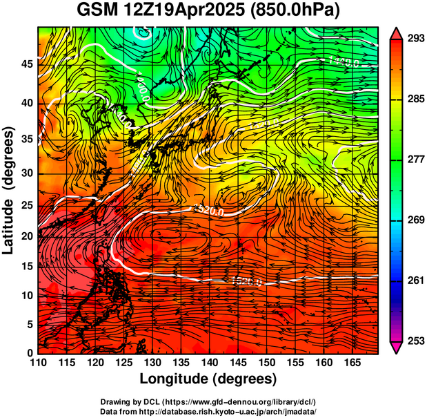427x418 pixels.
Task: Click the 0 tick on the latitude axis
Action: [29, 352]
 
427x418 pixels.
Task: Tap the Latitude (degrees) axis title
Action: [9, 190]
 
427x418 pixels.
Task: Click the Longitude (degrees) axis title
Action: [208, 379]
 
